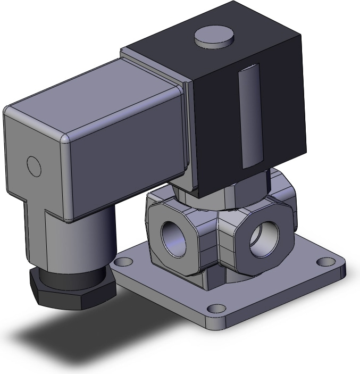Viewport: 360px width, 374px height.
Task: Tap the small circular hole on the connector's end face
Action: point(34,167)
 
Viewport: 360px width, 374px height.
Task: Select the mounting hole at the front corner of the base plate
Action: point(215,309)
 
